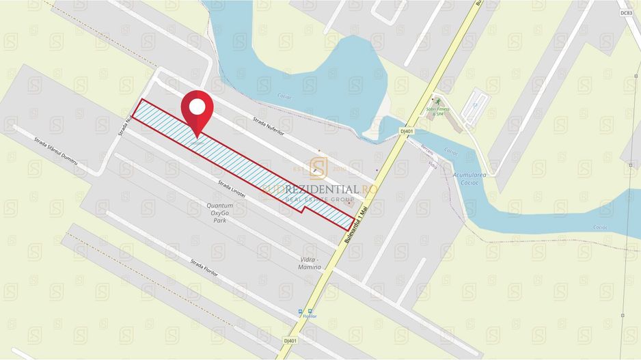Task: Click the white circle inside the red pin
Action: [x=197, y=107]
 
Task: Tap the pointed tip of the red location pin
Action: [x=197, y=137]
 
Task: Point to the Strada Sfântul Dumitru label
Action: [x=56, y=151]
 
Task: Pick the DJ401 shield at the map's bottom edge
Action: [x=290, y=340]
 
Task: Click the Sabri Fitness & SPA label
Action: [x=440, y=111]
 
